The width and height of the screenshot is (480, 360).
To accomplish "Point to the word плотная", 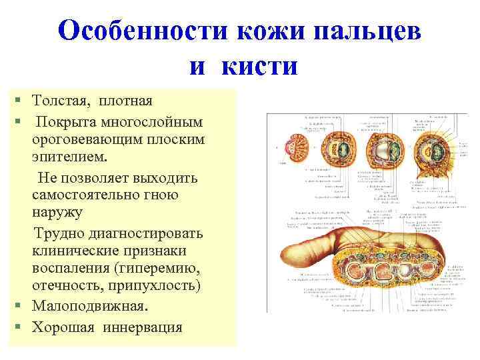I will tap(126, 101).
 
